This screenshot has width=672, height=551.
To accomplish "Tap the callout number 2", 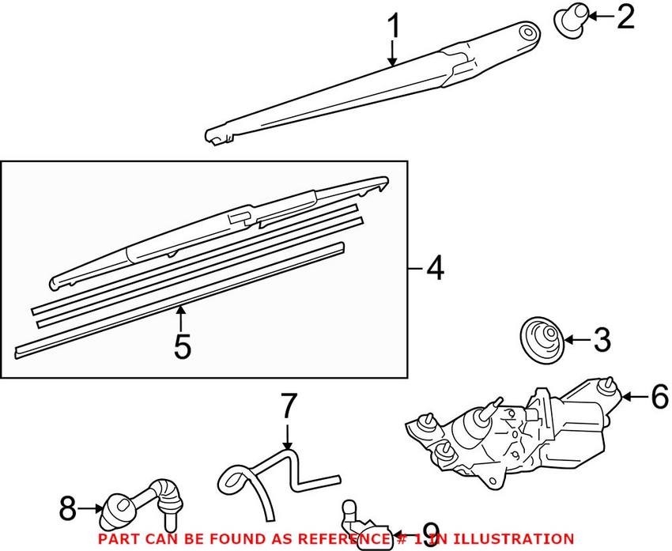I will tap(625, 16).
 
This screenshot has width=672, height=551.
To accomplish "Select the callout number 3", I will tap(602, 341).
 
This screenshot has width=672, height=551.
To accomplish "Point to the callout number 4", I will tap(434, 270).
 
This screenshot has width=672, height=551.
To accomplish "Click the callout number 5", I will tap(182, 345).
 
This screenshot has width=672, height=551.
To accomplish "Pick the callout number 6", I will tap(659, 395).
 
